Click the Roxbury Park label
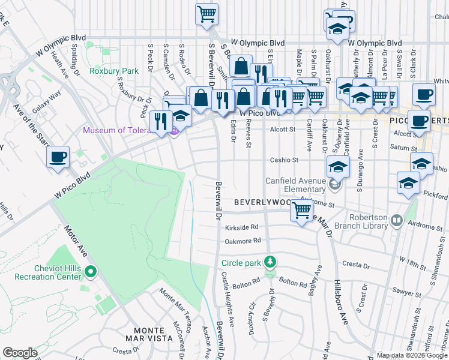coord(113,71)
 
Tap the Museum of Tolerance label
coord(124,131)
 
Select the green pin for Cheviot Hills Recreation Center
coord(90,272)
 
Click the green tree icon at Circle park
coord(271,262)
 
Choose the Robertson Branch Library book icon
coord(396,221)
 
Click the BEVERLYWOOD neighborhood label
coord(262,203)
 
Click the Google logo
coord(20,353)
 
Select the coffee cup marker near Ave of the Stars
coord(58,158)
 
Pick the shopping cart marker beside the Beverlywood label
coord(301,211)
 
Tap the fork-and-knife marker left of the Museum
coord(161,122)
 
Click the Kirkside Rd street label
coord(242,227)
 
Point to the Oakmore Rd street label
coord(243,240)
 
